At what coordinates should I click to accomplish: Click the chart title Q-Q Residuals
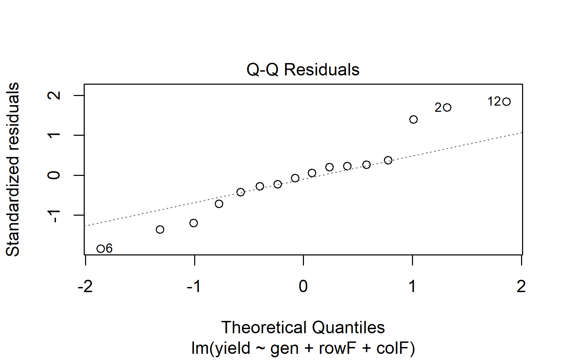click(x=303, y=70)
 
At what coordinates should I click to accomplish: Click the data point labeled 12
click(x=506, y=101)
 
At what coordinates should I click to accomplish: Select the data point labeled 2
click(x=447, y=108)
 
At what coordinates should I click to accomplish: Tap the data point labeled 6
click(x=101, y=249)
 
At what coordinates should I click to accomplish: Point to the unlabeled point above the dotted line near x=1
click(x=413, y=119)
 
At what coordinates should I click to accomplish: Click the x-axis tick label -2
click(x=85, y=286)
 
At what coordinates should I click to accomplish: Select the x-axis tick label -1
click(x=194, y=286)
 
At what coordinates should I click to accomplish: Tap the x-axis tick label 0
click(x=303, y=286)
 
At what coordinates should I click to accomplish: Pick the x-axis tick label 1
click(x=412, y=286)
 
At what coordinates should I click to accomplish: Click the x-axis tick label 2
click(x=521, y=286)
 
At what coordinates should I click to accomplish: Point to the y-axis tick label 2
click(x=55, y=95)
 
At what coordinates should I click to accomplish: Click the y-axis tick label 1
click(x=55, y=135)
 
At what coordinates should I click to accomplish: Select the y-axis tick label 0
click(x=55, y=175)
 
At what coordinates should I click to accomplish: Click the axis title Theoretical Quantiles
click(x=303, y=327)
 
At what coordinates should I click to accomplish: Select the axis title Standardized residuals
click(x=13, y=169)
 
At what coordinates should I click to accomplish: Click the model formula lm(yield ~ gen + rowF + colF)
click(x=303, y=348)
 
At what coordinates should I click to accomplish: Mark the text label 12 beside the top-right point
click(x=494, y=101)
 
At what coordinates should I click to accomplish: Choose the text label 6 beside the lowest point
click(x=109, y=248)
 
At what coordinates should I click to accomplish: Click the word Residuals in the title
click(x=322, y=70)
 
